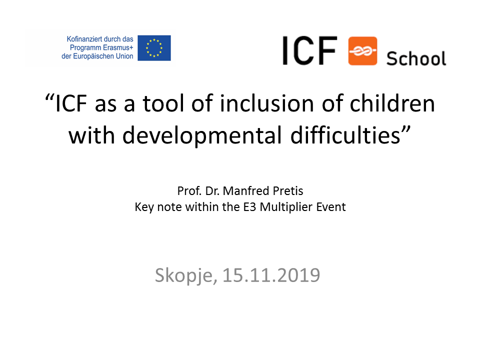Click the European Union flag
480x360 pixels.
pos(154,48)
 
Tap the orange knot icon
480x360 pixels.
pos(362,51)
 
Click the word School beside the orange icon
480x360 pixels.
pos(416,58)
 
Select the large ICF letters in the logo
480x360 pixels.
pos(309,50)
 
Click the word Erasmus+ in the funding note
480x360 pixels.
pos(118,48)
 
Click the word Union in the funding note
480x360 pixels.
pos(124,56)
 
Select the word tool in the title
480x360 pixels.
pos(163,103)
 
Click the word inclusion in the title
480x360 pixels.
pos(267,103)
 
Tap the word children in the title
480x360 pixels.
pos(392,103)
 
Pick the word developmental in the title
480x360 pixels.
pos(201,135)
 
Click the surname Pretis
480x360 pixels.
pos(288,191)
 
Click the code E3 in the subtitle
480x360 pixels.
pos(249,207)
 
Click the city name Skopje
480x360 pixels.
pos(186,275)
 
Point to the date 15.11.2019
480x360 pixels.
pos(271,275)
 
